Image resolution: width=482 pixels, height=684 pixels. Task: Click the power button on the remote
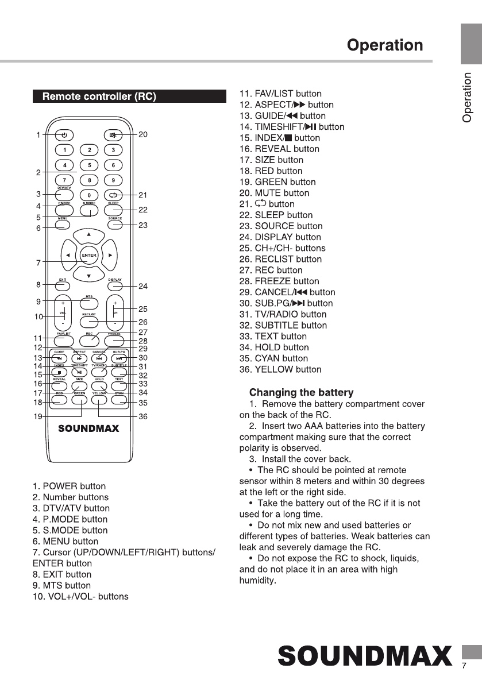(64, 135)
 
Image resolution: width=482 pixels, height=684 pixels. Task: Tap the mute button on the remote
(114, 135)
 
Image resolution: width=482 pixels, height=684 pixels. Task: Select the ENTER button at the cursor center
(89, 255)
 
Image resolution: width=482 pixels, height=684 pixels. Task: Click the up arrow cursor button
(89, 235)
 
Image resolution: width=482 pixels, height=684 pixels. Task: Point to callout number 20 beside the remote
(143, 134)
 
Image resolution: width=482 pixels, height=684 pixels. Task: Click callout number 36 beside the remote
(143, 416)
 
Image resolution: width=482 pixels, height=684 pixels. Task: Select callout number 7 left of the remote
(38, 263)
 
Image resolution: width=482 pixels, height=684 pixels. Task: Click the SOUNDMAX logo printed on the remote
(88, 428)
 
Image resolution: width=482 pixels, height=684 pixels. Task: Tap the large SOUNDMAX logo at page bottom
(365, 656)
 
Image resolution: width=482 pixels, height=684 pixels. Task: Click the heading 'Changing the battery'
(301, 393)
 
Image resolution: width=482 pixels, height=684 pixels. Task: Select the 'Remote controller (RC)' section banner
(129, 96)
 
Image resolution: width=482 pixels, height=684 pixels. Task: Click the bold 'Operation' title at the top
(385, 45)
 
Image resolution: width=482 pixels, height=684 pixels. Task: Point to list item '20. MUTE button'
(274, 193)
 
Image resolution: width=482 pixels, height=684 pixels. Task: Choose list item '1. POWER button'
(69, 486)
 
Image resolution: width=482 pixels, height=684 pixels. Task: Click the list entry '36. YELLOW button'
(280, 369)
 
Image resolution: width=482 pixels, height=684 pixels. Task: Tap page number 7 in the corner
(464, 666)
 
